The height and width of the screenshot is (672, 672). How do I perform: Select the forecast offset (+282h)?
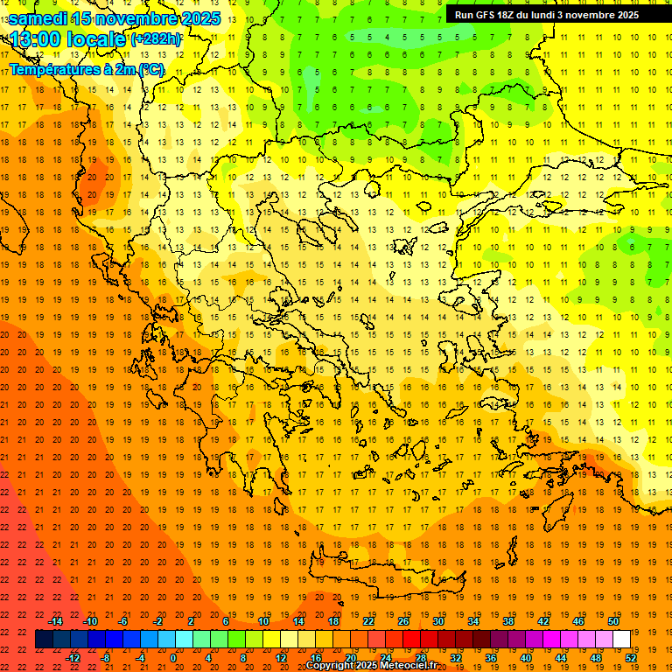tap(156, 39)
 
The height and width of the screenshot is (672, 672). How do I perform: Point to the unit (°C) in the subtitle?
tap(150, 69)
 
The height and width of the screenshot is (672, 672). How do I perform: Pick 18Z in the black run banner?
tap(508, 15)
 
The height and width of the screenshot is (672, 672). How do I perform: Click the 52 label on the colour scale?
tap(631, 658)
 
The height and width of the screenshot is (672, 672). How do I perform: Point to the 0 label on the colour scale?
tap(173, 658)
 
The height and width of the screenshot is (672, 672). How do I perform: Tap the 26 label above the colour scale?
tap(403, 621)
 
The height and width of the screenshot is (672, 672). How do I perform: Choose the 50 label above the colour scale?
tap(613, 621)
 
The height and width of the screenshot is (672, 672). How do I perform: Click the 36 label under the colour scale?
tap(491, 658)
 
